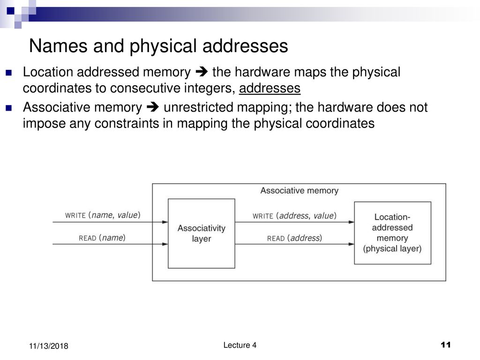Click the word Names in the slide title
click(x=59, y=46)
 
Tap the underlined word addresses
click(x=270, y=88)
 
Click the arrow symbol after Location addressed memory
click(x=202, y=72)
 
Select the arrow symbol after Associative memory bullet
click(x=153, y=107)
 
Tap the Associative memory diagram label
click(x=300, y=190)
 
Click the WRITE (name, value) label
click(x=103, y=215)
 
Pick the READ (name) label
click(x=102, y=238)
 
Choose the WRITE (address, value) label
click(x=294, y=216)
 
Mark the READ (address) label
click(x=294, y=238)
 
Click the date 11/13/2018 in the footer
click(x=49, y=346)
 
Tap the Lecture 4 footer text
click(x=240, y=345)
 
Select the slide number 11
click(x=445, y=345)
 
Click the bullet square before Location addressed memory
click(x=9, y=73)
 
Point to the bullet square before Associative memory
click(x=9, y=108)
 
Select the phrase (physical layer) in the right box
click(x=392, y=248)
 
